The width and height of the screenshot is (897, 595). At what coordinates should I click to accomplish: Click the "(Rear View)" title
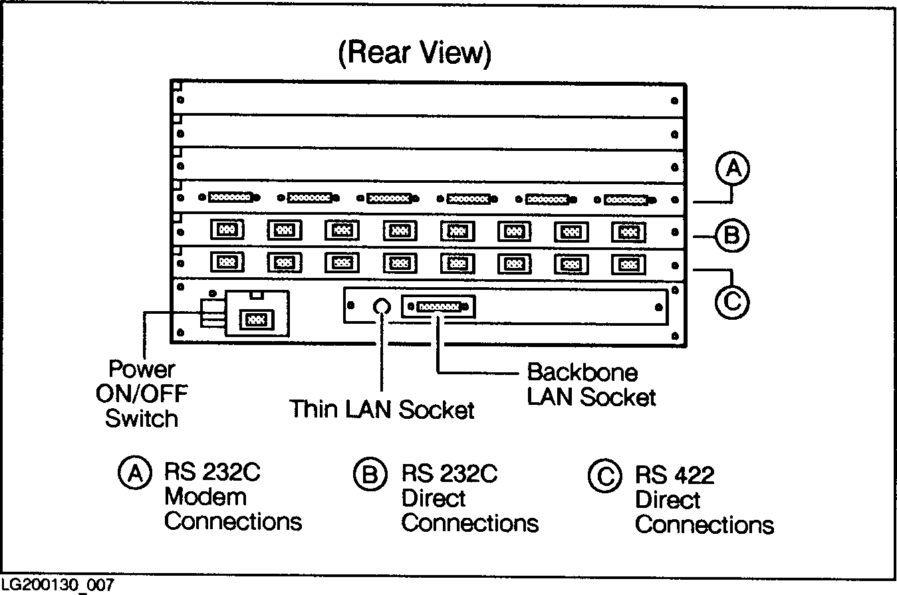pyautogui.click(x=414, y=53)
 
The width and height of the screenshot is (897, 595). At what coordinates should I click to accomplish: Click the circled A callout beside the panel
pyautogui.click(x=732, y=170)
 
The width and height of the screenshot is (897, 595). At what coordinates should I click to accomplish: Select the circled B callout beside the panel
pyautogui.click(x=732, y=234)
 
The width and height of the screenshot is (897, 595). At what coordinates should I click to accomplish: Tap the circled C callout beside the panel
pyautogui.click(x=732, y=302)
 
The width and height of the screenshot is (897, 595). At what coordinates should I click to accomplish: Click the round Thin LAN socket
pyautogui.click(x=381, y=306)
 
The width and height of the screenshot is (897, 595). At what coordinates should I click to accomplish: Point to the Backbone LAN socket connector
pyautogui.click(x=438, y=307)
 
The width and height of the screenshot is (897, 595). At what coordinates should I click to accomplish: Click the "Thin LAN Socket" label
pyautogui.click(x=382, y=410)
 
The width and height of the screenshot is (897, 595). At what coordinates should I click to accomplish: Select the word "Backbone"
pyautogui.click(x=582, y=372)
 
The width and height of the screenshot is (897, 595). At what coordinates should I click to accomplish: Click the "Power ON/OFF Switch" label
pyautogui.click(x=141, y=394)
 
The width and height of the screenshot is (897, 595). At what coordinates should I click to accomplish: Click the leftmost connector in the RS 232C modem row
pyautogui.click(x=229, y=197)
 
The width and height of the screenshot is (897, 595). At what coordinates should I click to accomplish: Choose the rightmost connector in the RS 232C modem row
pyautogui.click(x=627, y=199)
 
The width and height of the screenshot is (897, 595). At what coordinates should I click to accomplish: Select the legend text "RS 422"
pyautogui.click(x=674, y=475)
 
